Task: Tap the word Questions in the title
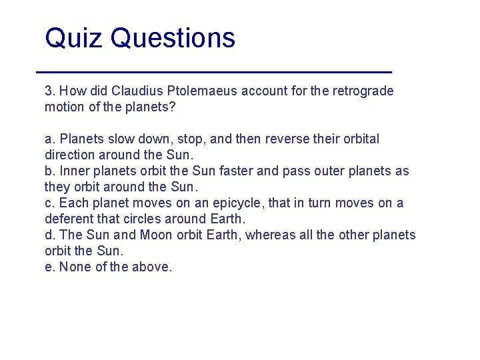click(x=173, y=38)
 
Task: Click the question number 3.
click(x=49, y=91)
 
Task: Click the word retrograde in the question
click(x=363, y=91)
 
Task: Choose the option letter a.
click(x=49, y=139)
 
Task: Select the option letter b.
click(x=49, y=171)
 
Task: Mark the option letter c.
click(x=49, y=203)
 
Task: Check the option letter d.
click(x=49, y=235)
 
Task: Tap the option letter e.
click(x=49, y=267)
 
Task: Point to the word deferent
click(x=67, y=219)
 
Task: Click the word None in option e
click(x=74, y=267)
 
